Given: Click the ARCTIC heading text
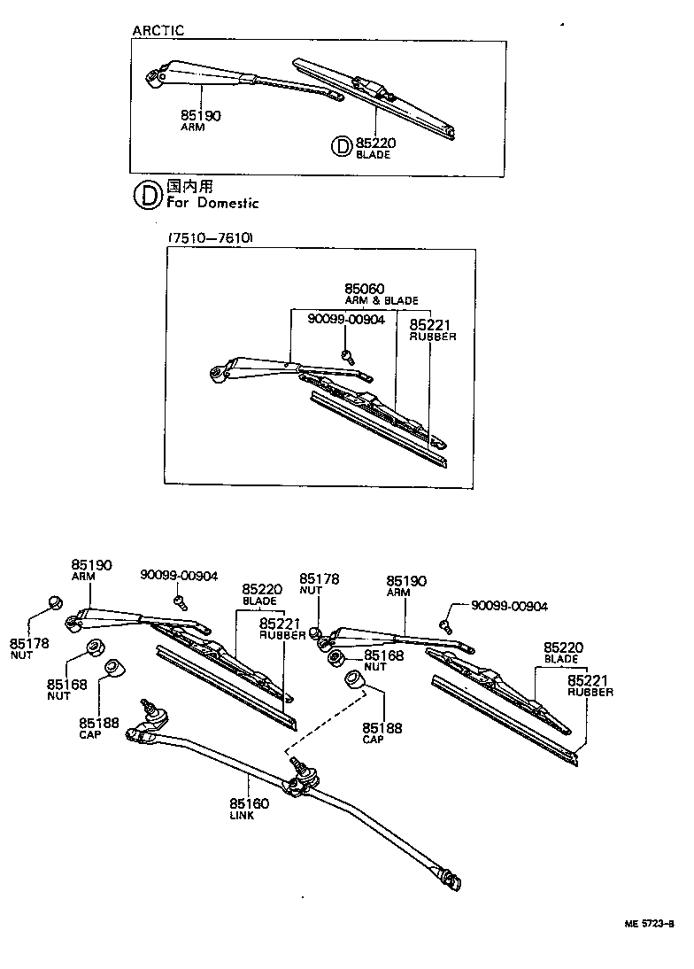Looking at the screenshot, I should pos(158,31).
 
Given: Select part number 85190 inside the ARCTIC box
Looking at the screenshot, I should pos(201,115).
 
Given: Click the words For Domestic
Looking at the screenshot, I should pos(212,203).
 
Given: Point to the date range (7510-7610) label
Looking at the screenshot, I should pos(210,238).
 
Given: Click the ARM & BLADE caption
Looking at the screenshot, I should pos(381,300).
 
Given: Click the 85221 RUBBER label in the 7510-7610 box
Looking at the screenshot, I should pos(431,329).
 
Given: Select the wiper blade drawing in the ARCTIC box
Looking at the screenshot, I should pos(376,96).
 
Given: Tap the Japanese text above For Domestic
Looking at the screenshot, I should pos(190,187).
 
